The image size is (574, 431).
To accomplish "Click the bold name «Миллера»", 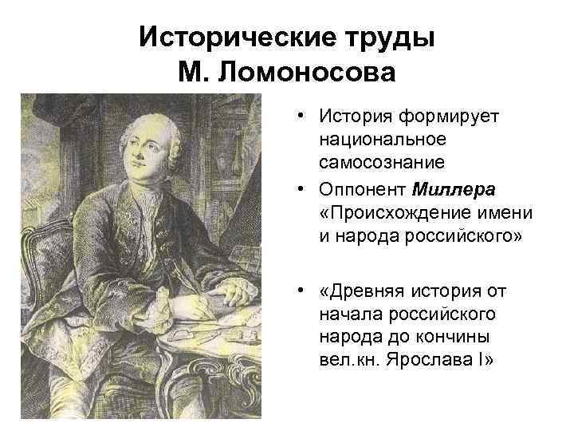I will tap(454, 190).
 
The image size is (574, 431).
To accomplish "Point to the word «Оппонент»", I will tap(363, 190).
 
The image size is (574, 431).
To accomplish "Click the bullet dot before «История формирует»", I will tap(305, 117).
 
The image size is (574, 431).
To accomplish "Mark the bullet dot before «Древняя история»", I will tap(305, 289).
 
